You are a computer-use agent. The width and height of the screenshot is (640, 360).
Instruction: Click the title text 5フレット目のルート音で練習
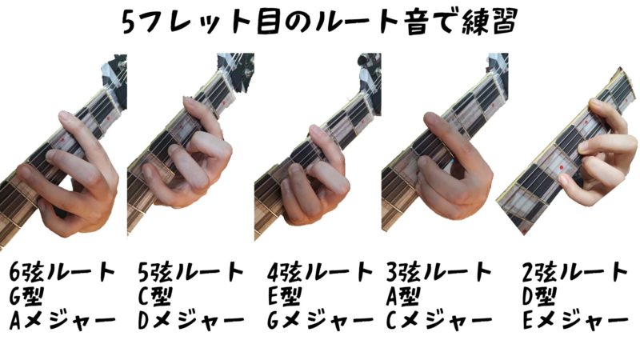[x=320, y=21]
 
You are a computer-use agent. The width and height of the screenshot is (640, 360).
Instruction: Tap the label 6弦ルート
[x=62, y=272]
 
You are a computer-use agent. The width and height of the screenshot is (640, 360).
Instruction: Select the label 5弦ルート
[x=191, y=272]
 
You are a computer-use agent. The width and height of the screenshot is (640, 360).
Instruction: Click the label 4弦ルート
[x=320, y=272]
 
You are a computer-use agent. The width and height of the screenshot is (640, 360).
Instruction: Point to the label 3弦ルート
[x=438, y=272]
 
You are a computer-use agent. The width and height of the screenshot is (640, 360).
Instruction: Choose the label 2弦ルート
[x=574, y=272]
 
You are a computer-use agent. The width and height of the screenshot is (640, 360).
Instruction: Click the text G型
[x=26, y=297]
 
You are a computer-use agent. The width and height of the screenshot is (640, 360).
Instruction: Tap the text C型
[x=155, y=297]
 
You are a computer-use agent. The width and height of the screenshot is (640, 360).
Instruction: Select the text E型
[x=284, y=297]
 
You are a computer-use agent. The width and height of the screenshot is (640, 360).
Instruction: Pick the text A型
[x=403, y=297]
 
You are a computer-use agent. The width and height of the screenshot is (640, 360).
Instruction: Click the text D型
[x=538, y=297]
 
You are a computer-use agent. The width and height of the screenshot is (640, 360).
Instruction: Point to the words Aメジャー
[x=62, y=322]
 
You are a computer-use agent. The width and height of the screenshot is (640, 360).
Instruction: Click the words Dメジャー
[x=191, y=322]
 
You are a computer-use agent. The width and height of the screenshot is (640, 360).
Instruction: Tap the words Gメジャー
[x=321, y=322]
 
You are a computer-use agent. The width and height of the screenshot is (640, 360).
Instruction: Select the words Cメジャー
[x=439, y=322]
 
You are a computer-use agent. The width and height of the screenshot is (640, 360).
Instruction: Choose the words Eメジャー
[x=575, y=322]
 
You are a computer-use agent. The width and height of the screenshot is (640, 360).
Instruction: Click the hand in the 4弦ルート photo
[x=315, y=179]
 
